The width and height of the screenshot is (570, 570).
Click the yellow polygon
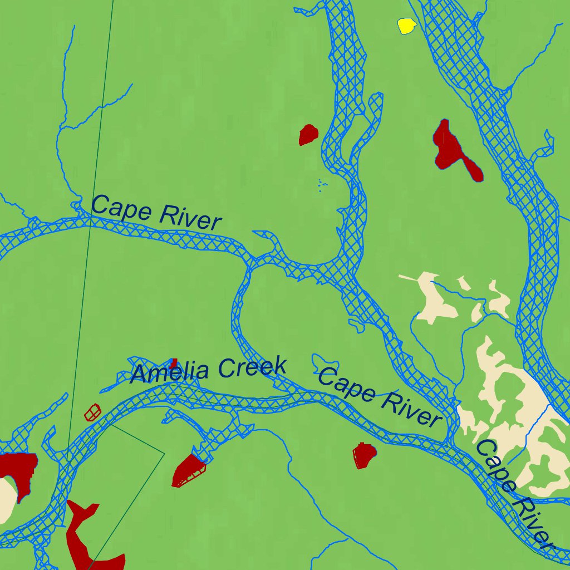(x=407, y=26)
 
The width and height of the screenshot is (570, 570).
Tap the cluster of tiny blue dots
(x=322, y=185)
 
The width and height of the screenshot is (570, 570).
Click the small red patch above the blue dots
(x=308, y=134)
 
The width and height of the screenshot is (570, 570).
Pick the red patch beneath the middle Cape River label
(x=364, y=455)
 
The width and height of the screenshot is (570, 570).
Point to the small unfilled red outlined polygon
(x=92, y=412)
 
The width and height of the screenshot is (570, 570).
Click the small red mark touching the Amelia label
(x=174, y=363)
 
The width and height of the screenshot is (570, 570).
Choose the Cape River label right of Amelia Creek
(x=379, y=396)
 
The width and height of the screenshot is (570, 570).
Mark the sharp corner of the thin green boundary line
(x=164, y=453)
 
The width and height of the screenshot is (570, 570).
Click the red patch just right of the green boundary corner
(x=188, y=471)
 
